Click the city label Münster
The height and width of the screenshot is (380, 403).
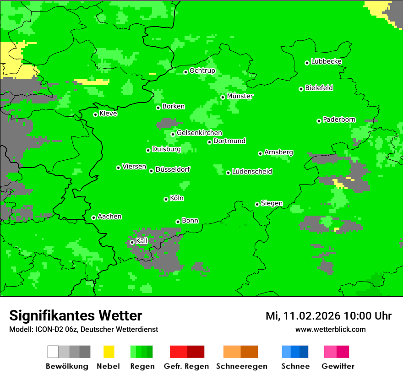click(240, 97)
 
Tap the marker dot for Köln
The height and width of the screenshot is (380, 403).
click(166, 199)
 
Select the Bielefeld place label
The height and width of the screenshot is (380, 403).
click(319, 88)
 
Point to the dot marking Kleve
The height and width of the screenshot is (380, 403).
click(95, 114)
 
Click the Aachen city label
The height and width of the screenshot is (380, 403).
click(109, 217)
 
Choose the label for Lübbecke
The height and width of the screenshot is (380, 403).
click(326, 61)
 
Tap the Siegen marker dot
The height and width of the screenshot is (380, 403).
click(257, 204)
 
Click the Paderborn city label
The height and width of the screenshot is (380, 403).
click(339, 120)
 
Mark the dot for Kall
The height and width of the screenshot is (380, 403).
click(132, 242)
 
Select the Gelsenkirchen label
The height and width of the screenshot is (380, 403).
click(199, 133)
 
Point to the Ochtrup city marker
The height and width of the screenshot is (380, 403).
click(185, 72)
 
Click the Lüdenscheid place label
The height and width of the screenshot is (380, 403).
click(252, 172)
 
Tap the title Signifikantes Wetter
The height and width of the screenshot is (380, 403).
click(76, 316)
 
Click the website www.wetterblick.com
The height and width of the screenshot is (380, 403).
click(330, 330)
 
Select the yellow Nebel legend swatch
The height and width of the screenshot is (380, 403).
click(109, 352)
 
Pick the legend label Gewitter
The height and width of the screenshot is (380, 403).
click(338, 366)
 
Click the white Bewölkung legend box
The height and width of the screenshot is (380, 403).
click(53, 352)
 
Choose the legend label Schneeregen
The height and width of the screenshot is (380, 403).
click(241, 366)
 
